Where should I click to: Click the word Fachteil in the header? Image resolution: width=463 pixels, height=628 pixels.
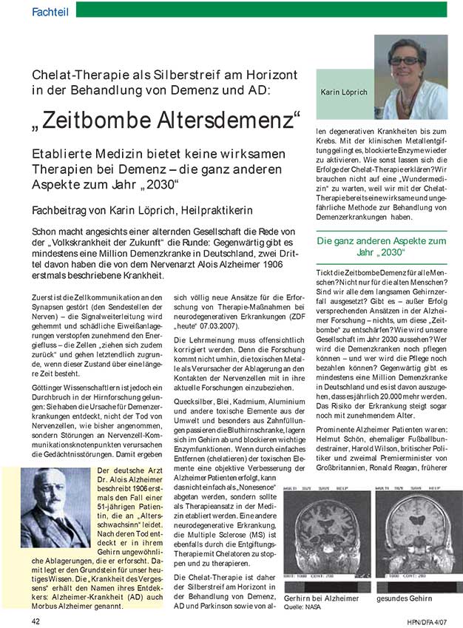pyautogui.click(x=51, y=10)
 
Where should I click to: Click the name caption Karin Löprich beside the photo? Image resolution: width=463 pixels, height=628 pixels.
pyautogui.click(x=344, y=94)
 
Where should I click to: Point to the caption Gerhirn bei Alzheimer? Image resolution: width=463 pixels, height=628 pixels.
pyautogui.click(x=321, y=598)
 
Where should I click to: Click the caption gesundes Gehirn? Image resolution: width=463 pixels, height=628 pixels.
pyautogui.click(x=406, y=598)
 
